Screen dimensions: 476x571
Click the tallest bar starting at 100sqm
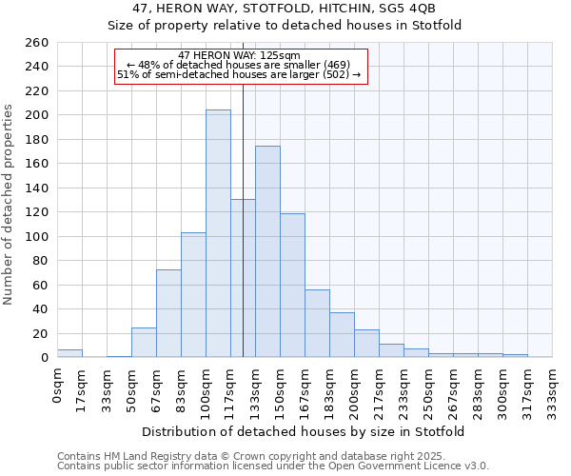click(x=218, y=233)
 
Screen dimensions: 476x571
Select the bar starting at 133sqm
click(x=267, y=251)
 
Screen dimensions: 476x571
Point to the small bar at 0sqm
click(x=69, y=353)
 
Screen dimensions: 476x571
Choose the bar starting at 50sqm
click(x=144, y=343)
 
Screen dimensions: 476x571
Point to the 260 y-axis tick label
click(x=36, y=43)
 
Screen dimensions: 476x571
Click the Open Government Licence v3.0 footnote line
click(x=273, y=466)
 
